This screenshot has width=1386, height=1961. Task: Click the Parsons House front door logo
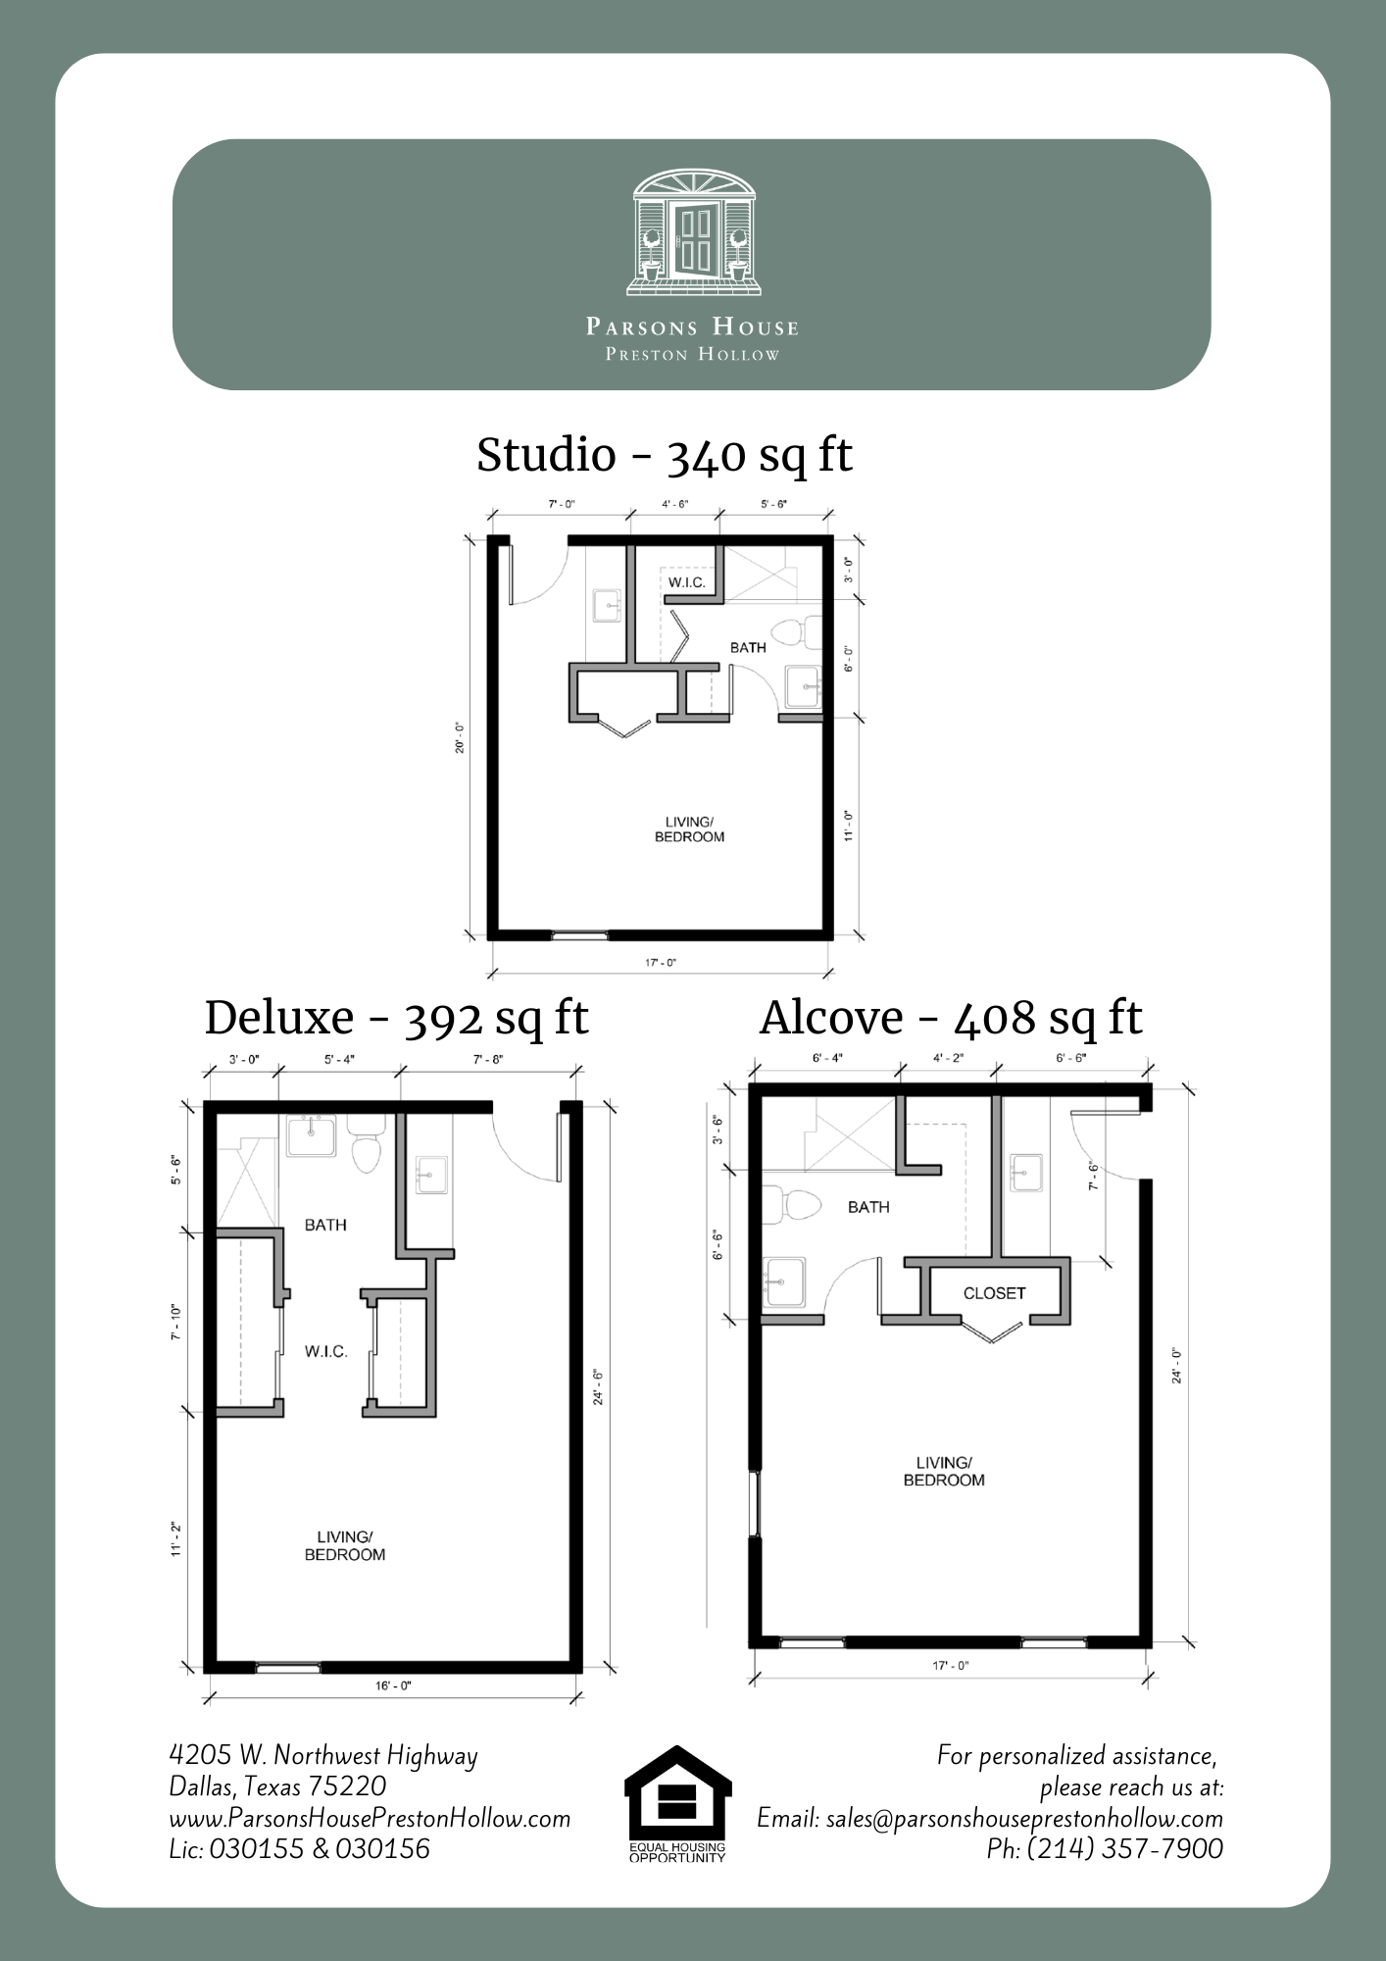click(693, 232)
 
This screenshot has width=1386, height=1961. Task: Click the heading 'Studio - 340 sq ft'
click(665, 455)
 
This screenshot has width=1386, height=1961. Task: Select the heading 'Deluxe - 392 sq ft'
click(396, 1018)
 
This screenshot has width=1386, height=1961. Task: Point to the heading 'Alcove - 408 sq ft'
click(951, 1018)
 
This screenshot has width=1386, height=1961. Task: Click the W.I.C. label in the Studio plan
click(686, 583)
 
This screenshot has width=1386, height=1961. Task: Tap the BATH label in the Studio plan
click(748, 647)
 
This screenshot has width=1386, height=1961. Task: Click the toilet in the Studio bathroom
click(798, 631)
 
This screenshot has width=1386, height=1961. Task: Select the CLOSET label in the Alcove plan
click(994, 1293)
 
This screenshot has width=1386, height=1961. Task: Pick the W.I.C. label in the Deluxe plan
click(325, 1352)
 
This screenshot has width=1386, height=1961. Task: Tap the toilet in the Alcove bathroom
click(790, 1204)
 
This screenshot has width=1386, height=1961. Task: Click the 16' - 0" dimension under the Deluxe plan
click(393, 1685)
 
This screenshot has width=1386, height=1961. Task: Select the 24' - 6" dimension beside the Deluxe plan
click(597, 1386)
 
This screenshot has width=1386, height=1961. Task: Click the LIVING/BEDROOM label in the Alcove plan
click(944, 1472)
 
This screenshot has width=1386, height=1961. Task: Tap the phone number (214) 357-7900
click(1105, 1848)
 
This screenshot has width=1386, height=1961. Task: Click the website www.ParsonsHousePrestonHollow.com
click(370, 1818)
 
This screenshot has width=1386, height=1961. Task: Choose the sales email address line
click(990, 1818)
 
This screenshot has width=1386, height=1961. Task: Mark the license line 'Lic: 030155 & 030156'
click(299, 1848)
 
